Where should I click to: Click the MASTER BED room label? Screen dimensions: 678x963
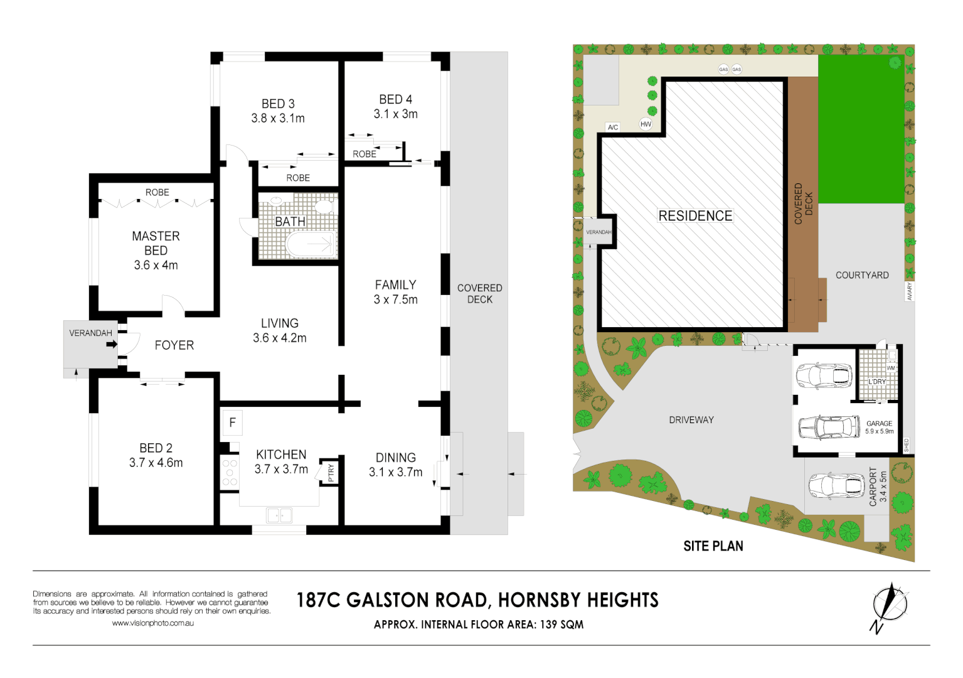(156, 243)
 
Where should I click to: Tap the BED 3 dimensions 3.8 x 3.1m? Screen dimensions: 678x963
(278, 119)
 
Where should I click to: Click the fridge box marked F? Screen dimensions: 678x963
(232, 423)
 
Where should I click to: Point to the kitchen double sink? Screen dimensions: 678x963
(279, 515)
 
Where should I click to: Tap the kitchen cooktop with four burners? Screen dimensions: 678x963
(230, 473)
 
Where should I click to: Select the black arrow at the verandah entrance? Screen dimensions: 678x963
(112, 344)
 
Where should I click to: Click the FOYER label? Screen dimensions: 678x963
(174, 345)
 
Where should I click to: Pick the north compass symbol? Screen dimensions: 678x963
(889, 606)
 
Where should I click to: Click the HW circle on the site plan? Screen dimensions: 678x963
(646, 124)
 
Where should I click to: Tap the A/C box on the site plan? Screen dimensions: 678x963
(613, 127)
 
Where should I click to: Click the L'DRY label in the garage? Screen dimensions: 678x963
(877, 382)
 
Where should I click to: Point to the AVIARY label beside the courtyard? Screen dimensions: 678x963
(909, 291)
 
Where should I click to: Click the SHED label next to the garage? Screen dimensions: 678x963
(906, 445)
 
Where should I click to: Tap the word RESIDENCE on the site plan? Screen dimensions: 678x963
(695, 216)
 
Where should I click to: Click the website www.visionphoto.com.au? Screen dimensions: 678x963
(152, 623)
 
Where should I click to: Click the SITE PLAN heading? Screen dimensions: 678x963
(713, 546)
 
